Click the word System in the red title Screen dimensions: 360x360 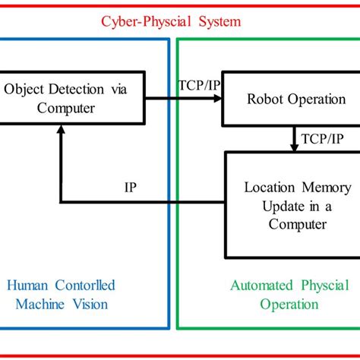click(218, 21)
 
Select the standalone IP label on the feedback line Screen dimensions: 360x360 click(130, 188)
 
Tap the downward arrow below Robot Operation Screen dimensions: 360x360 click(295, 138)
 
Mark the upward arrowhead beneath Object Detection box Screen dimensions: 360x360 click(60, 131)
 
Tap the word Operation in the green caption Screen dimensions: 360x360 click(289, 305)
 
